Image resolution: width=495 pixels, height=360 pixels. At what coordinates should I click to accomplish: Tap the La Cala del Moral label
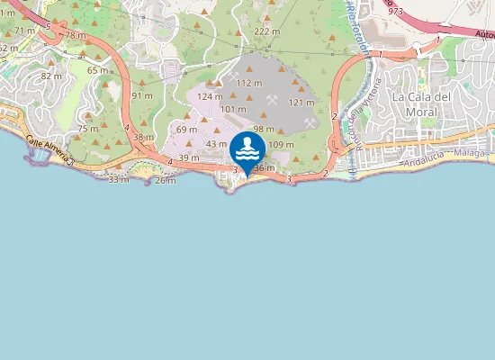[420, 103]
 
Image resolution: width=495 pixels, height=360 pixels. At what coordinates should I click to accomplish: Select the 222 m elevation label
[265, 31]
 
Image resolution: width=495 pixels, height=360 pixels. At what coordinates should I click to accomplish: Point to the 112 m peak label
[249, 83]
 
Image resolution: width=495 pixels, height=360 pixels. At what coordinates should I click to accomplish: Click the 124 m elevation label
[210, 96]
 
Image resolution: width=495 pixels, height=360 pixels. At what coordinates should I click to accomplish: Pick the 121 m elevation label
[301, 103]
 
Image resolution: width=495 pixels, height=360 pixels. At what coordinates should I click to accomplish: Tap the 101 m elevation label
[233, 110]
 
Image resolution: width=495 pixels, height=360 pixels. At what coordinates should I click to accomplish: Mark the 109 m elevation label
[282, 145]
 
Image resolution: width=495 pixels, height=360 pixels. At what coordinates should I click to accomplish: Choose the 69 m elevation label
[186, 130]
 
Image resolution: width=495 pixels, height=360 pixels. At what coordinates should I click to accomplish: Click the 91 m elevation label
[142, 95]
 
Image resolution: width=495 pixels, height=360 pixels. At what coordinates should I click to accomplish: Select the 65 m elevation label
[97, 69]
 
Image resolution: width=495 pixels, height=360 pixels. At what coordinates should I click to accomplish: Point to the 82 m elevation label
[51, 76]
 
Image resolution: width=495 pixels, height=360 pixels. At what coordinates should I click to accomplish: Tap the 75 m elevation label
[87, 129]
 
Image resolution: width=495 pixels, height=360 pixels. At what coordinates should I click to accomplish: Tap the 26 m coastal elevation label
[165, 181]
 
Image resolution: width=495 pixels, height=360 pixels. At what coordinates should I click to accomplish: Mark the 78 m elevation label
[75, 35]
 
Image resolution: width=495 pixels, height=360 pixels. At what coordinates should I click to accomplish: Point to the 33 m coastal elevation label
[118, 180]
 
